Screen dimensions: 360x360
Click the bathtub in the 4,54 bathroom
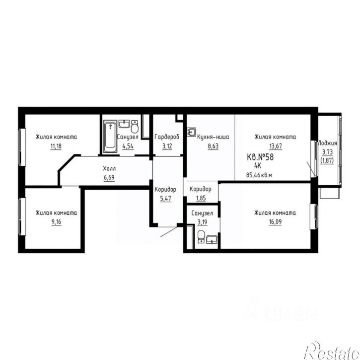tap(110, 137)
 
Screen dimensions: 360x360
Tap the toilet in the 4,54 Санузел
tap(135, 127)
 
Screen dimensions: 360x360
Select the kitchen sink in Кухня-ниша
tap(191, 132)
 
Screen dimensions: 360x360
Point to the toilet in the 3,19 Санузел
tap(202, 236)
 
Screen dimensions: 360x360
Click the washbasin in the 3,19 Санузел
tap(212, 239)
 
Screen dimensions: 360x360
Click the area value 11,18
tap(56, 146)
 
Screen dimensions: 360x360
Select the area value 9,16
tap(56, 222)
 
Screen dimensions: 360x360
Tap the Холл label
tap(109, 168)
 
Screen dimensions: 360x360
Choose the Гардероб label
tap(167, 137)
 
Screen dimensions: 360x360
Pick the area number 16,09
tap(275, 222)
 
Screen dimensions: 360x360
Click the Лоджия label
tap(327, 143)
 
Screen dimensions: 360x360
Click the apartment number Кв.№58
tap(260, 157)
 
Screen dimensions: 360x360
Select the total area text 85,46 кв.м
tap(259, 175)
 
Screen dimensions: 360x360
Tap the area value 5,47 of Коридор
tap(165, 198)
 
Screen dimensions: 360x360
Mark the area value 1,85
tap(201, 198)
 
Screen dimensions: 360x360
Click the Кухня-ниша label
tap(213, 137)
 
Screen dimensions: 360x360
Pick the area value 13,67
tap(276, 146)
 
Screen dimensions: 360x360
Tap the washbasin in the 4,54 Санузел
tap(124, 124)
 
